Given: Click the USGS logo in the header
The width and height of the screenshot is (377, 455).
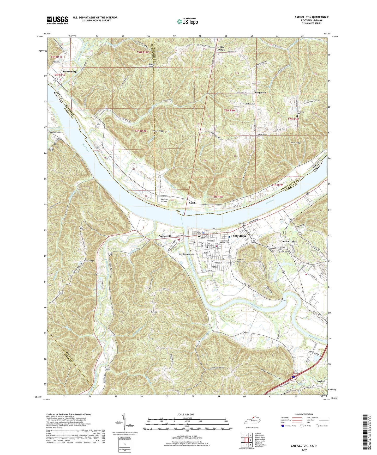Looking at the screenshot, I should pyautogui.click(x=57, y=20).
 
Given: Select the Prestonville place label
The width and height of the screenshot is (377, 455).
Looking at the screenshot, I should pyautogui.click(x=165, y=236).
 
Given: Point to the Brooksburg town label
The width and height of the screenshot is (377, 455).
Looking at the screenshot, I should pyautogui.click(x=70, y=71).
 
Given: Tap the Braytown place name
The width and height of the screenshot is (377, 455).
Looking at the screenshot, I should pyautogui.click(x=260, y=93).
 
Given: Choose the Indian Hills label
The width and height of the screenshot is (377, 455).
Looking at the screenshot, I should pyautogui.click(x=288, y=242).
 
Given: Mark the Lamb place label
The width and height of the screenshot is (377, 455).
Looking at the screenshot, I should pyautogui.click(x=193, y=202).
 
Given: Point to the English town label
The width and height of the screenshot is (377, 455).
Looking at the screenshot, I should pyautogui.click(x=321, y=381).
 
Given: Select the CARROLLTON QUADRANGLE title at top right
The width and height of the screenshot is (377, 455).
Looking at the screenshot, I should pyautogui.click(x=312, y=17).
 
